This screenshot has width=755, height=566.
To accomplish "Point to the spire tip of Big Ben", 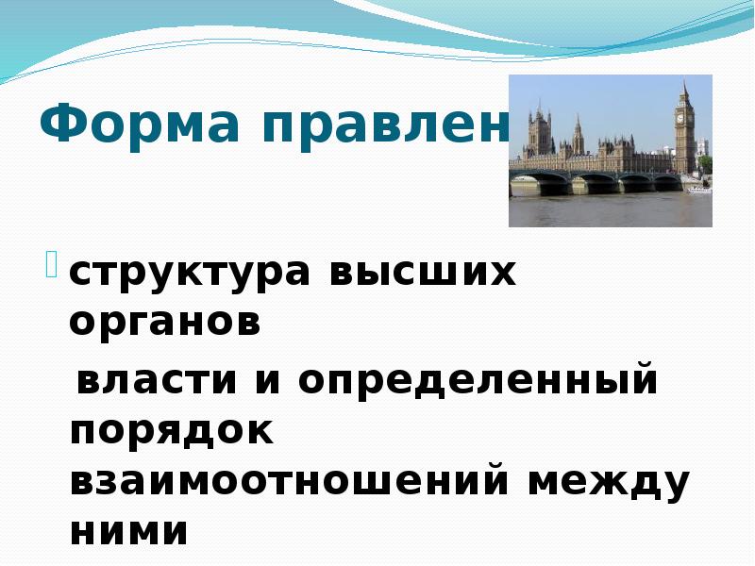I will pos(684,83).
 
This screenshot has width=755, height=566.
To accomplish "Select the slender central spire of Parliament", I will pos(578,133).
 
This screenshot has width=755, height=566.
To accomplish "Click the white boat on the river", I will pos(698,190).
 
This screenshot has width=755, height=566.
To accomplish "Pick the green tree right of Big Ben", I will pos(705,163).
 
